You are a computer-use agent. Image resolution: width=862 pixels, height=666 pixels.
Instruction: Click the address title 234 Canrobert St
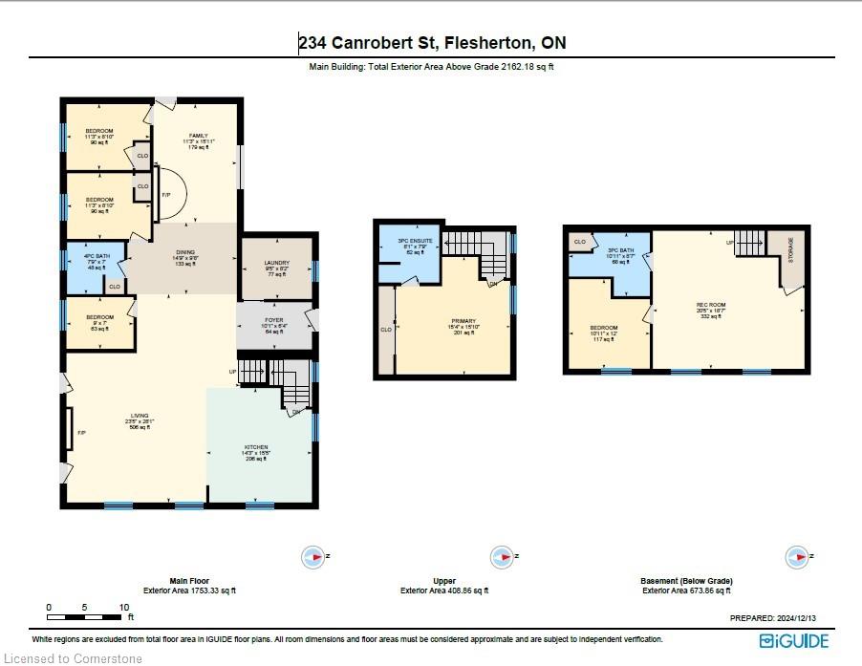point(431,43)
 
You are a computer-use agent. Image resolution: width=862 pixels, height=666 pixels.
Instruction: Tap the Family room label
point(198,136)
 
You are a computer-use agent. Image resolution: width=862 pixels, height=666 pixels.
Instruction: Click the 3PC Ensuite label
point(415,240)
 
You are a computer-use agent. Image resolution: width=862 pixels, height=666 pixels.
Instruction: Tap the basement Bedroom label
point(604,328)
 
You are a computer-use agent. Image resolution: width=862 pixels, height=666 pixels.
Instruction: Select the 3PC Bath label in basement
point(608,248)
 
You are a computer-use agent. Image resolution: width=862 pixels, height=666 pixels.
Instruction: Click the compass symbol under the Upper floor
point(500,555)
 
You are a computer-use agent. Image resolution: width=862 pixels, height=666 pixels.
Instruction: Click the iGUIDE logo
point(794,640)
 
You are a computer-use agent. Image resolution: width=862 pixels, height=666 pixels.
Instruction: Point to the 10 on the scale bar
point(124,607)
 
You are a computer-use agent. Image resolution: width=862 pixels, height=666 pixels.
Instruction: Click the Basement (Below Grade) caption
point(687,581)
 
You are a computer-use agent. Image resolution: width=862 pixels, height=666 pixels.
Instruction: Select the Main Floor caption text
point(189,581)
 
